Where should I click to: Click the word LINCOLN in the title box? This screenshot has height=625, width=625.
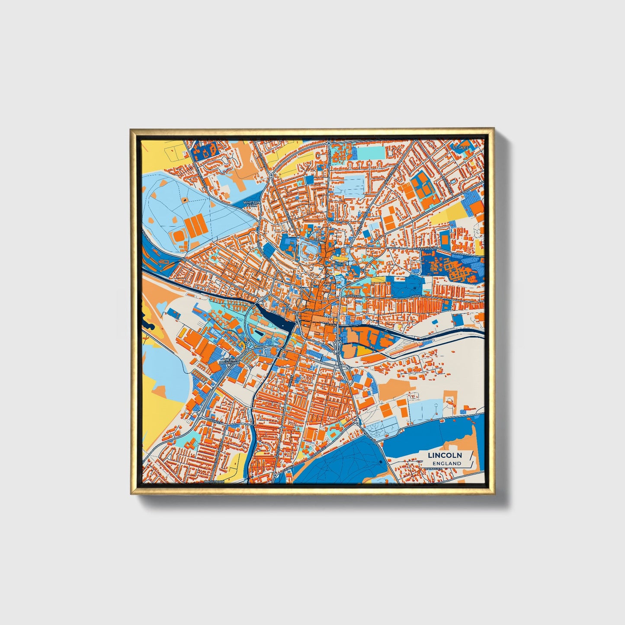coord(445,455)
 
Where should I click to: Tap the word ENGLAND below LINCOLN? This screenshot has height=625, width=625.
coord(447,463)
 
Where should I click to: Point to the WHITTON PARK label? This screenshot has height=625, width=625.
coord(252,203)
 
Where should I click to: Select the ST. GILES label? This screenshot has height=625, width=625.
coord(460,148)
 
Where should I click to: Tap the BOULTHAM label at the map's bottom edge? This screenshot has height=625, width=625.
coord(214,481)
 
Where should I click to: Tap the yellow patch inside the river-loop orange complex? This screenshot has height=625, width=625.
coord(362,350)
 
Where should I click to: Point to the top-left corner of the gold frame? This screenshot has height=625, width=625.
coord(131,129)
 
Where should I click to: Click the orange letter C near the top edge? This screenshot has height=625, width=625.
coord(318,154)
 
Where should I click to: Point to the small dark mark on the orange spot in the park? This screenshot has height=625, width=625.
coord(184,200)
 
